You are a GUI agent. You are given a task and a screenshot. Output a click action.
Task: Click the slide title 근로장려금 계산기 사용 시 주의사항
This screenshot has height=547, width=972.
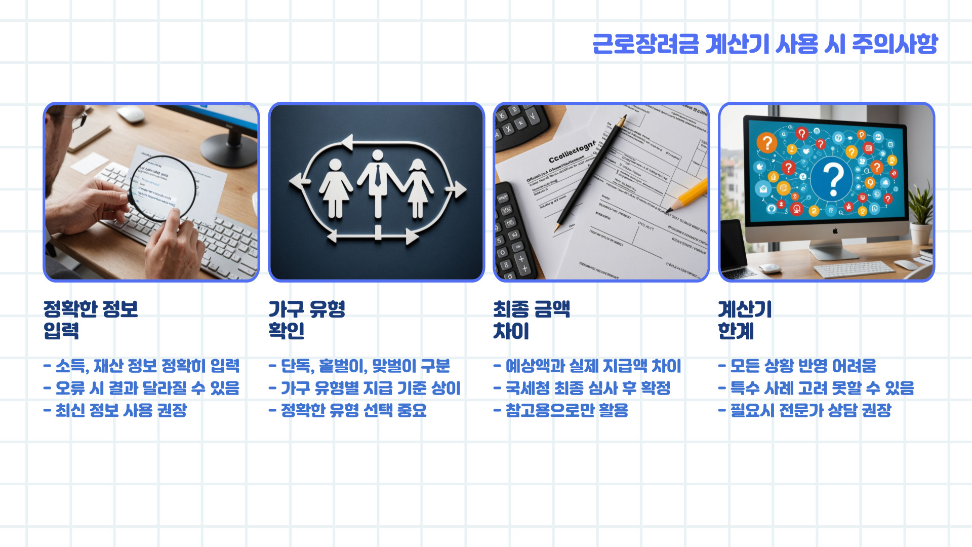764,44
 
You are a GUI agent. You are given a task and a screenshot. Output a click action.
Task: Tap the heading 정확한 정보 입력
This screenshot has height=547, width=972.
91,320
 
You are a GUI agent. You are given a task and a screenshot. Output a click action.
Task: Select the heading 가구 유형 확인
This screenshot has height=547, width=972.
307,320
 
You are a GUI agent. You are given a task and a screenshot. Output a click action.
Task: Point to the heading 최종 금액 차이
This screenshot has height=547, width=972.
532,320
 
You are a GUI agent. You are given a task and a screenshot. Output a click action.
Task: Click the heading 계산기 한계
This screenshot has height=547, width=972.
745,320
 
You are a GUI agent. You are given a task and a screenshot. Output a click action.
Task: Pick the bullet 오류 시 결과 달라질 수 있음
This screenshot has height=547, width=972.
142,388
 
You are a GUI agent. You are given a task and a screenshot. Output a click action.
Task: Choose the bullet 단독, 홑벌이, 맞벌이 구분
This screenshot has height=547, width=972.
359,366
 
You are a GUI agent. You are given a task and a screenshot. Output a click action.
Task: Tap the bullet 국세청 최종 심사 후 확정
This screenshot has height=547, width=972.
582,388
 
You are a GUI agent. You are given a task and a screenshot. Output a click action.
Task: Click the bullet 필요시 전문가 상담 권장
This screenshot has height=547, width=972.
805,410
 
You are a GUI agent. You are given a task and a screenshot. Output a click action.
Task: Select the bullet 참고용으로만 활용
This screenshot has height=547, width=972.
561,410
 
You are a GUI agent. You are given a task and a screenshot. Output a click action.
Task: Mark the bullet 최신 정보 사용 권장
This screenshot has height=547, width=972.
116,410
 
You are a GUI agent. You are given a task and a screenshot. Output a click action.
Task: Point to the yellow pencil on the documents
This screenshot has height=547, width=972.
688,195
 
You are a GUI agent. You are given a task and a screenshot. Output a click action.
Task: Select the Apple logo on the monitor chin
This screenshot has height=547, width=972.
835,231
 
